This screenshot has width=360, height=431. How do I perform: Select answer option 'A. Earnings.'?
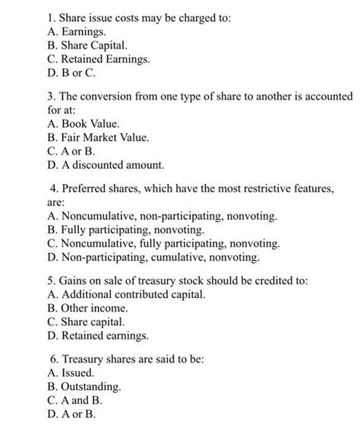[77, 32]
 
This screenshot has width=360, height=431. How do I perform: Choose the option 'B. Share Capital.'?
[92, 46]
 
